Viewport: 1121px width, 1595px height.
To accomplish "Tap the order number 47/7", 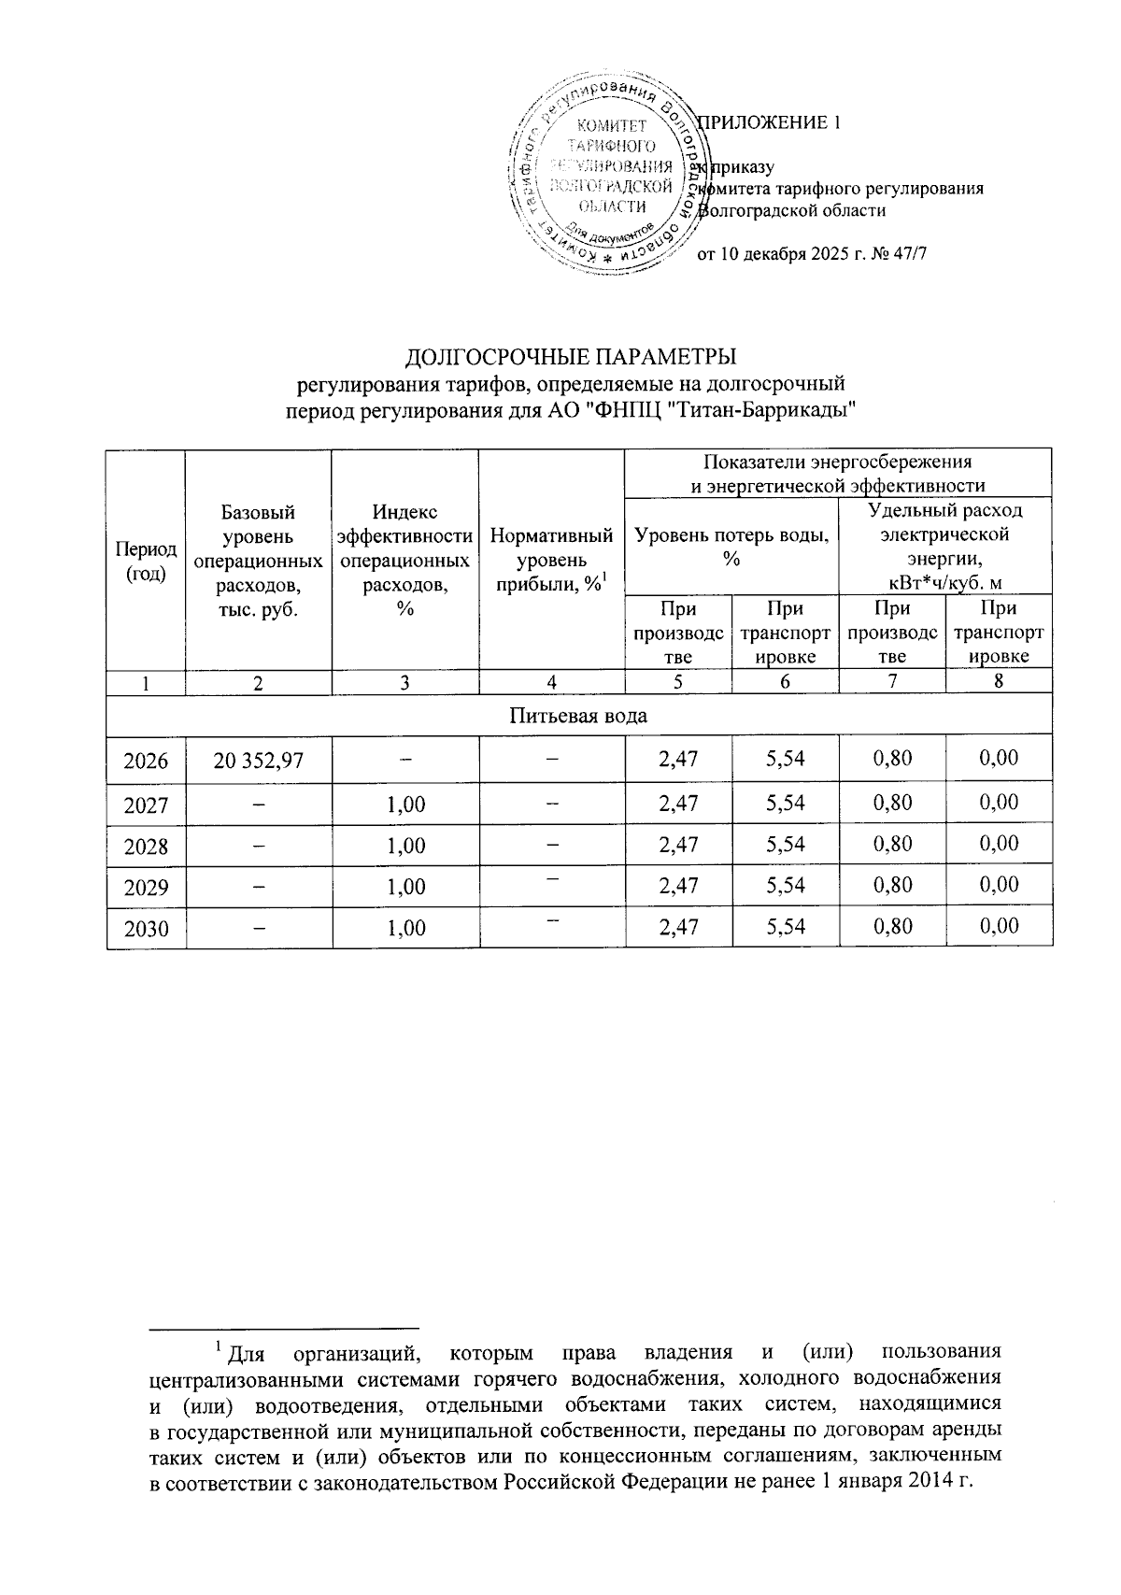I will click(908, 253).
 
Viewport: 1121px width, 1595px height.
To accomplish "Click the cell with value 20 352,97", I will click(258, 761).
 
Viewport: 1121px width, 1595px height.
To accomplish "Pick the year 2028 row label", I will click(147, 846).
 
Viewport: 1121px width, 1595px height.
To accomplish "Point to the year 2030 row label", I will click(147, 928).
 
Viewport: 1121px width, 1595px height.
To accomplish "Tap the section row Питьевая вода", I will click(578, 716).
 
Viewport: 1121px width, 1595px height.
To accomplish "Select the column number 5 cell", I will click(677, 682).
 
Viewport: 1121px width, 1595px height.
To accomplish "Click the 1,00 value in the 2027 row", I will click(405, 804).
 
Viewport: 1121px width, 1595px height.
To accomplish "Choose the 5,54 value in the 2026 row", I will click(785, 760).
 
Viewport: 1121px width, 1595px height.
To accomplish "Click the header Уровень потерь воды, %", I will click(731, 547).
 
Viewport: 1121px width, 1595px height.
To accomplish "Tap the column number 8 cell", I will click(999, 682).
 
